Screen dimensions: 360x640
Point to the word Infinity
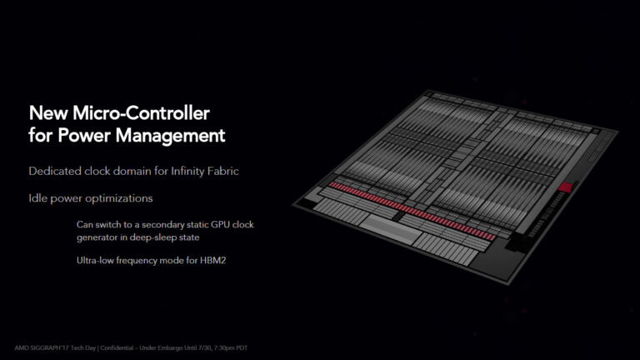191,171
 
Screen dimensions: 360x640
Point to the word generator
97,237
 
